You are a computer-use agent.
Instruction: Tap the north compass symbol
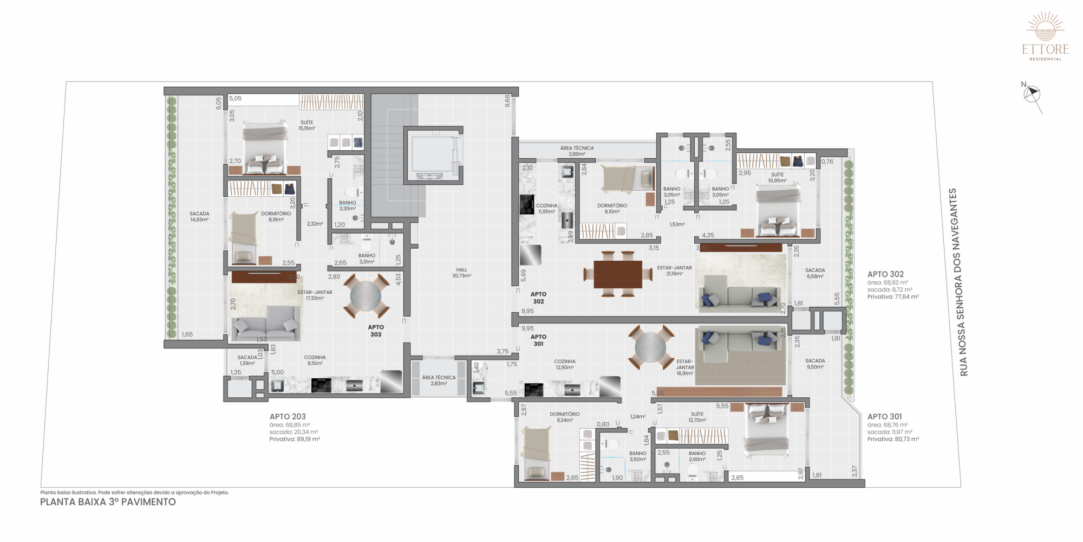[x=1032, y=95]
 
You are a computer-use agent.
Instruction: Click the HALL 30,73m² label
[x=461, y=273]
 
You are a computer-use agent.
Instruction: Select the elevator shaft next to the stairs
[x=433, y=156]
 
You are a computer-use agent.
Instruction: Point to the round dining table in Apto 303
[x=366, y=296]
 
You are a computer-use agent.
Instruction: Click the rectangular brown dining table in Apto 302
[x=617, y=274]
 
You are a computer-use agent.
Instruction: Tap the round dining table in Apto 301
[x=650, y=347]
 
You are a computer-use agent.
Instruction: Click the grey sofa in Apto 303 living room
[x=265, y=323]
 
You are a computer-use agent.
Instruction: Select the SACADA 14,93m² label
[x=199, y=216]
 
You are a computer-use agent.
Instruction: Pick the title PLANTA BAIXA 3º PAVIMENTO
[x=108, y=502]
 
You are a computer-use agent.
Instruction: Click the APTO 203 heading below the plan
[x=288, y=417]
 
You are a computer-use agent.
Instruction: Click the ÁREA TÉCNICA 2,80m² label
[x=577, y=151]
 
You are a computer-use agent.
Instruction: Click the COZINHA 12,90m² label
[x=565, y=364]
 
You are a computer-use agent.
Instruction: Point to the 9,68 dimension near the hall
[x=507, y=101]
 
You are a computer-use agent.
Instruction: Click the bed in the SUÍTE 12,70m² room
[x=766, y=430]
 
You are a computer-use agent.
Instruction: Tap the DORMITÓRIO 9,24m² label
[x=565, y=417]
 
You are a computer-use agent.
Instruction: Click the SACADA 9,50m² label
[x=815, y=364]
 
